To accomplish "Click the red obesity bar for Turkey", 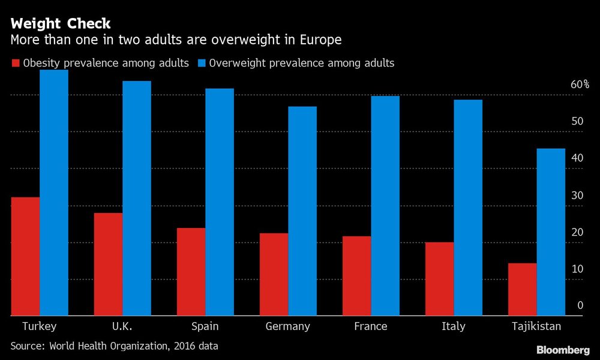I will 25,256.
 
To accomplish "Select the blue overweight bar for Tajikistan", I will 551,232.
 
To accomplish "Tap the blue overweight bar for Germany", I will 302,211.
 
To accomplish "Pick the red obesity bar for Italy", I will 439,279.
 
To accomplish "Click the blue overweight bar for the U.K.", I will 137,198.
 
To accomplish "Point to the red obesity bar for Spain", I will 191,272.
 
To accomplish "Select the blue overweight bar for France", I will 385,205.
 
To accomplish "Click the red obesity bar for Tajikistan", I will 522,289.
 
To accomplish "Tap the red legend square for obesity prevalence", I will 16,63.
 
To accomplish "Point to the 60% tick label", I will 580,85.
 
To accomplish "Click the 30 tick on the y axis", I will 577,196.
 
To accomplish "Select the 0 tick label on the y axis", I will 580,305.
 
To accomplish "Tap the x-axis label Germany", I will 288,326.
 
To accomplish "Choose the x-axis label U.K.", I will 122,326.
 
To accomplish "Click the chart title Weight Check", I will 61,24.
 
